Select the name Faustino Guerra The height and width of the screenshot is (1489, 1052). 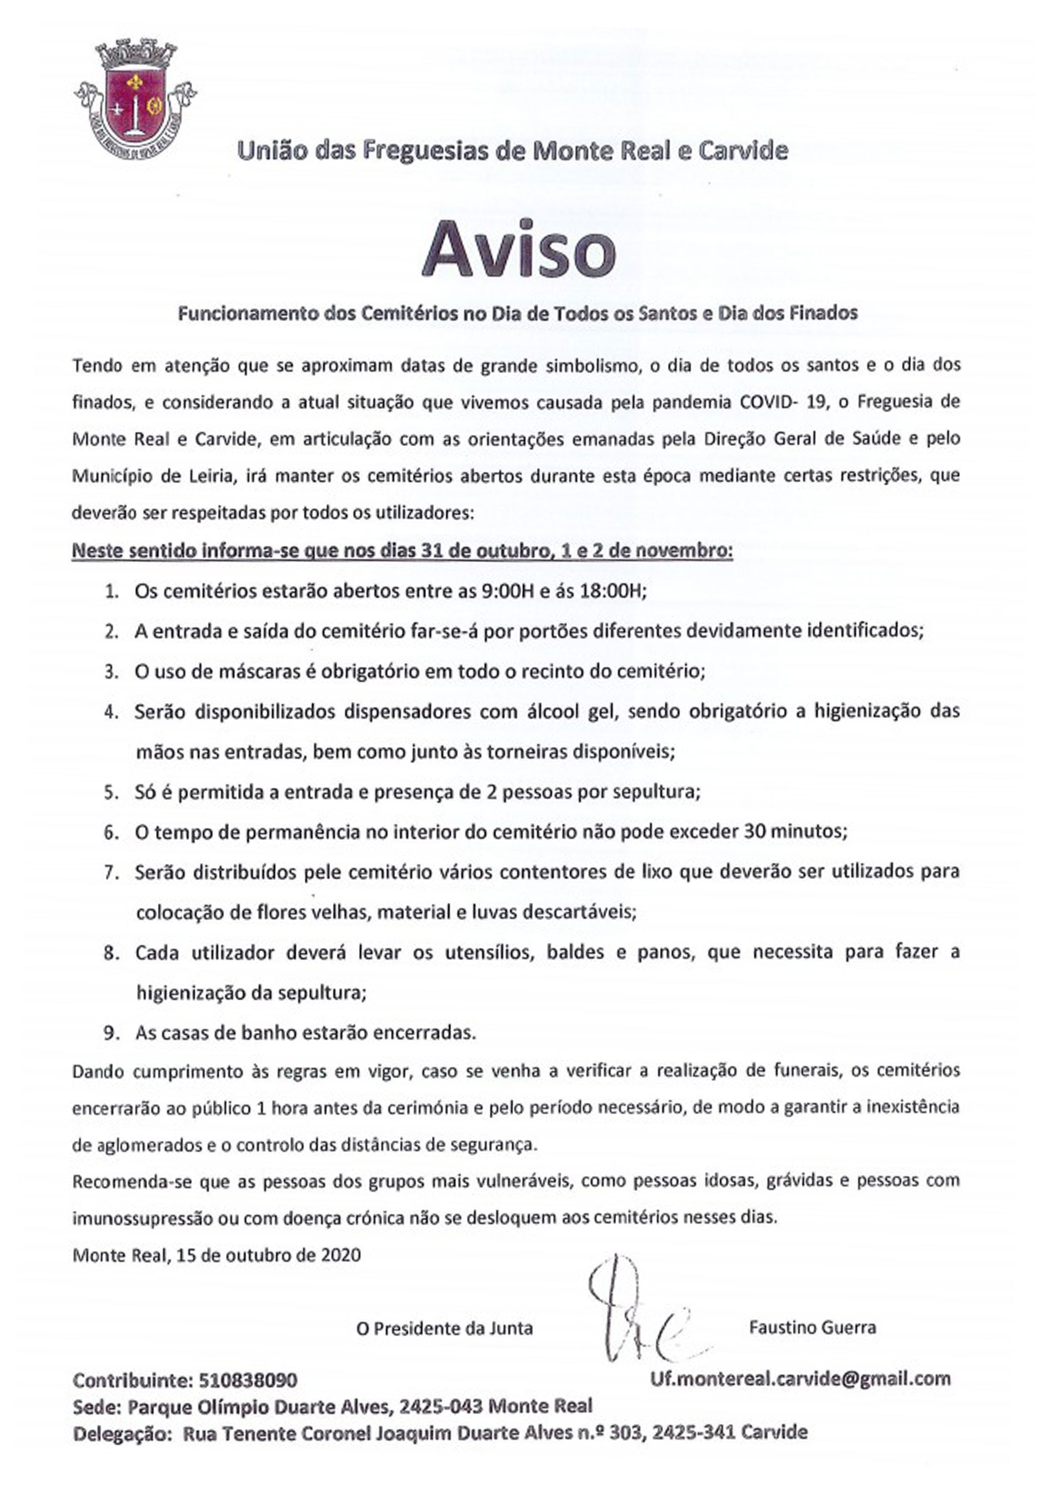(x=812, y=1327)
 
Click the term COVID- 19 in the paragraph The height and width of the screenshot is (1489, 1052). (x=782, y=402)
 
